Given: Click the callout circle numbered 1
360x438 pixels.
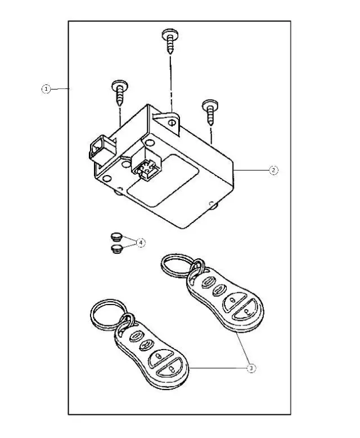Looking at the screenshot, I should click(x=46, y=88).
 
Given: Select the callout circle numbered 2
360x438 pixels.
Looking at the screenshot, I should click(x=273, y=171).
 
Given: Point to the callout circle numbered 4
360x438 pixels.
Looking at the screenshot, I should click(x=141, y=242).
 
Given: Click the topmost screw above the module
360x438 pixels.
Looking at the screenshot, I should click(x=170, y=39).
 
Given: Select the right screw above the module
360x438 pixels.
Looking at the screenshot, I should click(x=211, y=110).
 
